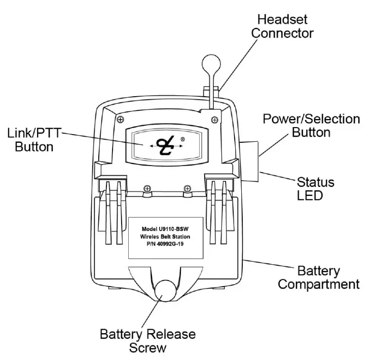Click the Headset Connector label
(283, 26)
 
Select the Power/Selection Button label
(311, 126)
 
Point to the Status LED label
(315, 188)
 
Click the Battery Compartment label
(319, 277)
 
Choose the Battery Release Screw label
(147, 341)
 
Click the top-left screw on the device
(120, 119)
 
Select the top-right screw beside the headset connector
(215, 119)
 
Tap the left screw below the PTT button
(146, 189)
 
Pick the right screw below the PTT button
(187, 189)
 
